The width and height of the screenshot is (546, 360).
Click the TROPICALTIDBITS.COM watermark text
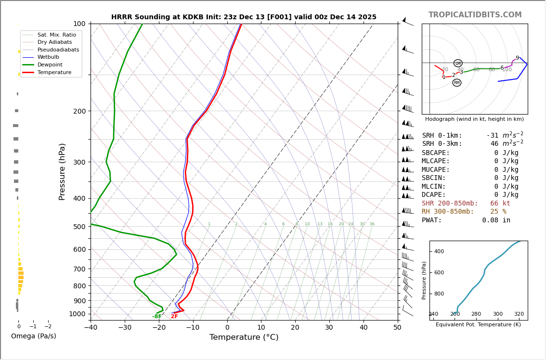(475, 15)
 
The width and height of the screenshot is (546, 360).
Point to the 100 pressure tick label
(79, 24)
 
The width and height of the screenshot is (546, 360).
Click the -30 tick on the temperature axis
(125, 328)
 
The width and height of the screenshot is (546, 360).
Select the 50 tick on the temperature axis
(397, 328)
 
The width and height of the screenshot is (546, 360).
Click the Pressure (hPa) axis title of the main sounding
(62, 171)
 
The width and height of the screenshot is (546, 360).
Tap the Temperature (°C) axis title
(244, 337)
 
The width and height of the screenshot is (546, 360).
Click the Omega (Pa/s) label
(34, 336)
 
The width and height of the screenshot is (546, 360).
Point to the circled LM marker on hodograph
(458, 63)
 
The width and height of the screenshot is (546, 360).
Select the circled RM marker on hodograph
(456, 83)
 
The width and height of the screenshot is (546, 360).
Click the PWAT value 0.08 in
(496, 220)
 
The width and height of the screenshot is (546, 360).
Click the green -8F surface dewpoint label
(157, 317)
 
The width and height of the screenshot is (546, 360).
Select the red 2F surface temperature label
(174, 317)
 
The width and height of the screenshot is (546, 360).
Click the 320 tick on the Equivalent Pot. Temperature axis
(519, 314)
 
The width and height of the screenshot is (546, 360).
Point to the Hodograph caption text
(474, 119)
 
